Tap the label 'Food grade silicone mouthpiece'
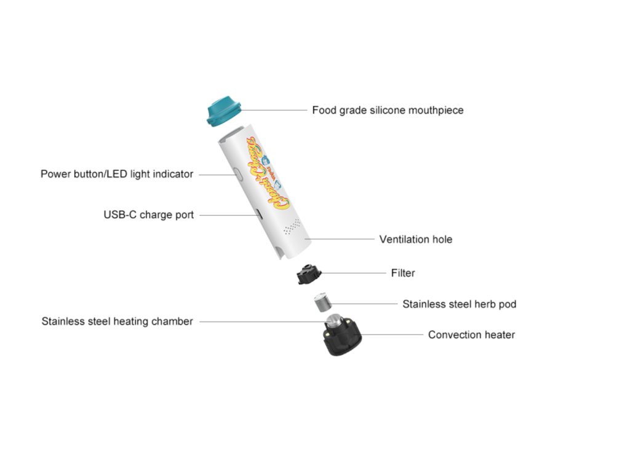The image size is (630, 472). pos(388,111)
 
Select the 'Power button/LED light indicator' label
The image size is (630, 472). pos(117,174)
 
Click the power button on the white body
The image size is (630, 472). pos(237,176)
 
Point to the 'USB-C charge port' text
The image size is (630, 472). pos(148,215)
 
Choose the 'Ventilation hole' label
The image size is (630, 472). pos(415,239)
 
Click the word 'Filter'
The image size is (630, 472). pos(403,272)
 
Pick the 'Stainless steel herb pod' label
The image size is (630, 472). pos(459,304)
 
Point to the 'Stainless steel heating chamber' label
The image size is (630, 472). pos(117,321)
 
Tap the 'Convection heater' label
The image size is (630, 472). pos(471,335)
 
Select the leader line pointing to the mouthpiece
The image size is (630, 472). pos(274,111)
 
